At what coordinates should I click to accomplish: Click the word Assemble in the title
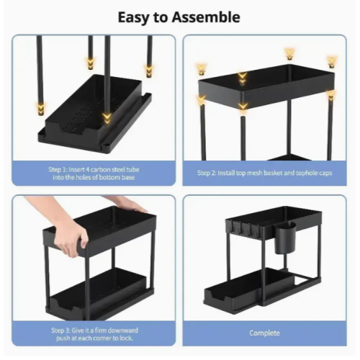pos(206,17)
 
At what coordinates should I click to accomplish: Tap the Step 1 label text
pos(94,174)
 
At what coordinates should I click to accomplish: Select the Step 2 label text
pos(264,173)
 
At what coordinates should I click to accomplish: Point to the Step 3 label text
pos(94,334)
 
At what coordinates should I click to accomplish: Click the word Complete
pos(264,333)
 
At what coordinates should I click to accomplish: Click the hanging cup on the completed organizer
pos(285,238)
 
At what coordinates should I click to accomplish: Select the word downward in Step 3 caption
pos(122,330)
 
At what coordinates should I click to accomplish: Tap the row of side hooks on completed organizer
pos(241,229)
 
